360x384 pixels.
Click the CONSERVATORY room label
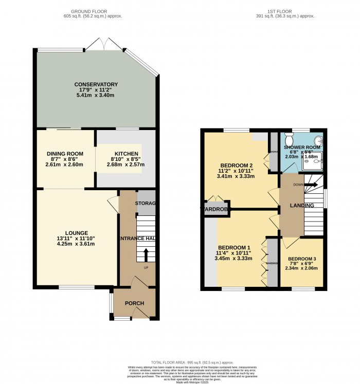(96, 84)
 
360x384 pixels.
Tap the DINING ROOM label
(65, 154)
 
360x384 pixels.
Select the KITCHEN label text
(126, 154)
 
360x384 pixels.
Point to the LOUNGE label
(77, 233)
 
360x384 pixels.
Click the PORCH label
(134, 303)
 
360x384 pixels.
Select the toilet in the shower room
(289, 140)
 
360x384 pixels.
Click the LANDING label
(302, 206)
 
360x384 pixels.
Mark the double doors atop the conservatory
(104, 45)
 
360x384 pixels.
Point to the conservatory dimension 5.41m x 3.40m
(96, 96)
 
